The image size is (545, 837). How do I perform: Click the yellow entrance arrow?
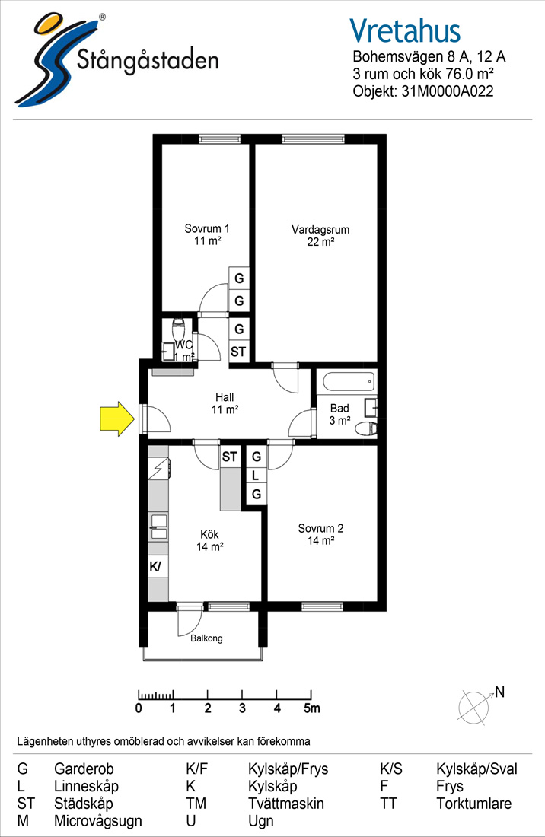[x=117, y=418]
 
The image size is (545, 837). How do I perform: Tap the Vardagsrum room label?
[x=320, y=230]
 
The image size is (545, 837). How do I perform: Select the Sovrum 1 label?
[x=206, y=228]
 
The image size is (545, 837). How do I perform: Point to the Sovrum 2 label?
[x=320, y=529]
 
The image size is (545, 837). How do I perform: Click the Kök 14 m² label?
[x=209, y=540]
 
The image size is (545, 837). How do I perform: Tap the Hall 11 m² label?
[x=225, y=403]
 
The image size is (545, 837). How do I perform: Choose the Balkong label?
[x=206, y=638]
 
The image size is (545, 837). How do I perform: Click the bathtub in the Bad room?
[x=348, y=382]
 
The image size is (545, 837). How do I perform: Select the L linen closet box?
[x=257, y=475]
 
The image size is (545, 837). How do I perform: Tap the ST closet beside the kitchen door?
[x=230, y=457]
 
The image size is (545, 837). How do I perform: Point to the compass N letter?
[x=499, y=692]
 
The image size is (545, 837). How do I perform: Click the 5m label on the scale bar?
[x=312, y=708]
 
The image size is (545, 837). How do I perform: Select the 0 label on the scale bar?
[x=139, y=708]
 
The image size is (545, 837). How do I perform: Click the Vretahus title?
[x=405, y=30]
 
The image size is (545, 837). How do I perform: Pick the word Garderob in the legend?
[x=84, y=769]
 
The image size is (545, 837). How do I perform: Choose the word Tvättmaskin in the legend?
[x=286, y=804]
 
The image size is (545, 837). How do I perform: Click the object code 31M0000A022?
[x=448, y=91]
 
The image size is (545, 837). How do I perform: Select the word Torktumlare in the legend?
[x=474, y=804]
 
